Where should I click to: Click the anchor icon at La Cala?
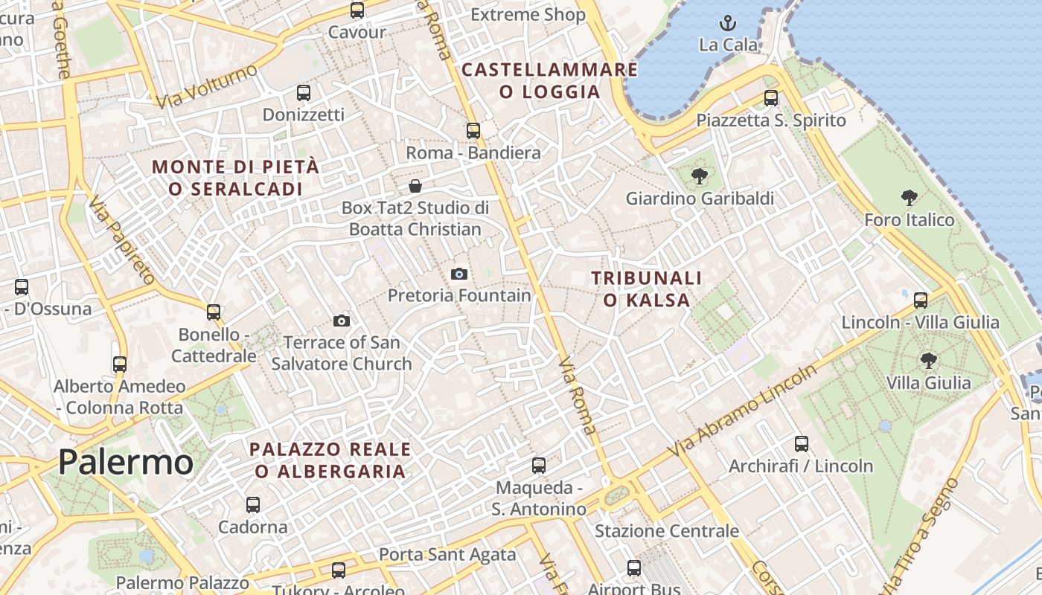(x=728, y=22)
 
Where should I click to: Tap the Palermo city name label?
(x=126, y=462)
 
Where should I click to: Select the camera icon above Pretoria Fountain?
(x=459, y=274)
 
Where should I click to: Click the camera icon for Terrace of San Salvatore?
(x=342, y=321)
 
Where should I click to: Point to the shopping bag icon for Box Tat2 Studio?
(x=415, y=185)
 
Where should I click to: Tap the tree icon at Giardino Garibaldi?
(x=699, y=176)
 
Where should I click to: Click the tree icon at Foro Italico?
(x=909, y=197)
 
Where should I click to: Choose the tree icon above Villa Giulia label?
(x=928, y=361)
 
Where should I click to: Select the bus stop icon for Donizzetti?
(x=304, y=93)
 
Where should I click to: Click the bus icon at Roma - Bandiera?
(x=473, y=131)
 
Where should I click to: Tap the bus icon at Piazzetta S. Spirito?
(x=771, y=98)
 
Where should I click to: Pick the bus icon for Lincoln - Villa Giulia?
(x=921, y=300)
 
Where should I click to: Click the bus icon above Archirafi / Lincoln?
(x=802, y=444)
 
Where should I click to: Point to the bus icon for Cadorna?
(x=253, y=505)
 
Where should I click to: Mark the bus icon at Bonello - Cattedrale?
(x=214, y=312)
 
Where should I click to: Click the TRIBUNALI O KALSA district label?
(x=646, y=289)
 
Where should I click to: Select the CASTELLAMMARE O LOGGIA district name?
(x=550, y=81)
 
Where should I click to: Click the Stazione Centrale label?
(x=666, y=531)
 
